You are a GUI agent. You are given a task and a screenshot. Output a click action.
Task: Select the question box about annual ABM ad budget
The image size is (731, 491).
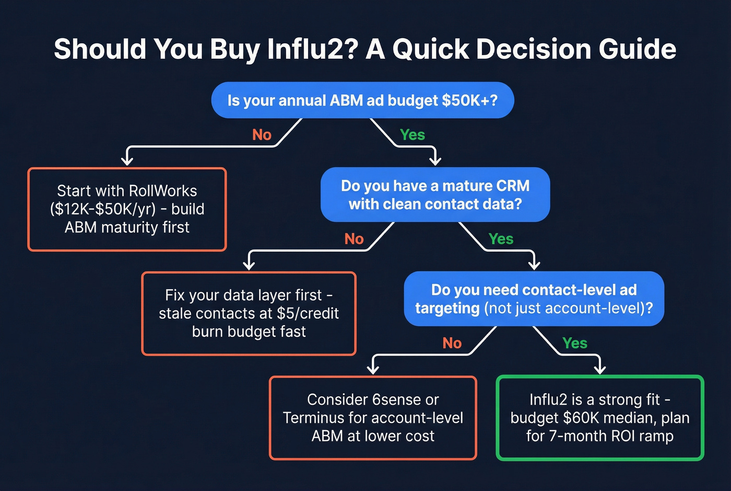362,100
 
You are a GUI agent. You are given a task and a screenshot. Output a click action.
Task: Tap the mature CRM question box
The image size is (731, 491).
435,195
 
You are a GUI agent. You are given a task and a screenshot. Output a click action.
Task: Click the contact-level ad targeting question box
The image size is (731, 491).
534,299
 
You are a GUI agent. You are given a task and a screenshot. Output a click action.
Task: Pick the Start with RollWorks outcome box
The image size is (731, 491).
127,209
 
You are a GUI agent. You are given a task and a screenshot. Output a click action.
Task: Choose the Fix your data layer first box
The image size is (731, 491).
249,313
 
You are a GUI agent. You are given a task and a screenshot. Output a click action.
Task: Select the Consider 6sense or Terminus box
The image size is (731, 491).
373,418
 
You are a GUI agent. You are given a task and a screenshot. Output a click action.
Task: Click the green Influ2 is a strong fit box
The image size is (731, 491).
599,418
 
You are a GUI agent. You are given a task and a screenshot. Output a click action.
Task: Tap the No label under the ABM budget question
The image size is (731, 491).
262,135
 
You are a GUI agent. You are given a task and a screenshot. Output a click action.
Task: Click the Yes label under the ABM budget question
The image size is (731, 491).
412,135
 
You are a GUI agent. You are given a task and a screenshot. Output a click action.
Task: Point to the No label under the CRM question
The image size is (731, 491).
353,239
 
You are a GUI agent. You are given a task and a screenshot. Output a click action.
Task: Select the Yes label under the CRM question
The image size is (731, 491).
501,239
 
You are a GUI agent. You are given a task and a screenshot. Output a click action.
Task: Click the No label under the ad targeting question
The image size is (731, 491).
452,343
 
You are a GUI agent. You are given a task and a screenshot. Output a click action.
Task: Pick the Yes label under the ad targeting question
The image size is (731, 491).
574,343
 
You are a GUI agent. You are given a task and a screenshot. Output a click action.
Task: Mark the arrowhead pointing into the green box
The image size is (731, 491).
600,369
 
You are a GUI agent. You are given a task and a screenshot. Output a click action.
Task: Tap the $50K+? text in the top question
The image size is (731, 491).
469,100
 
